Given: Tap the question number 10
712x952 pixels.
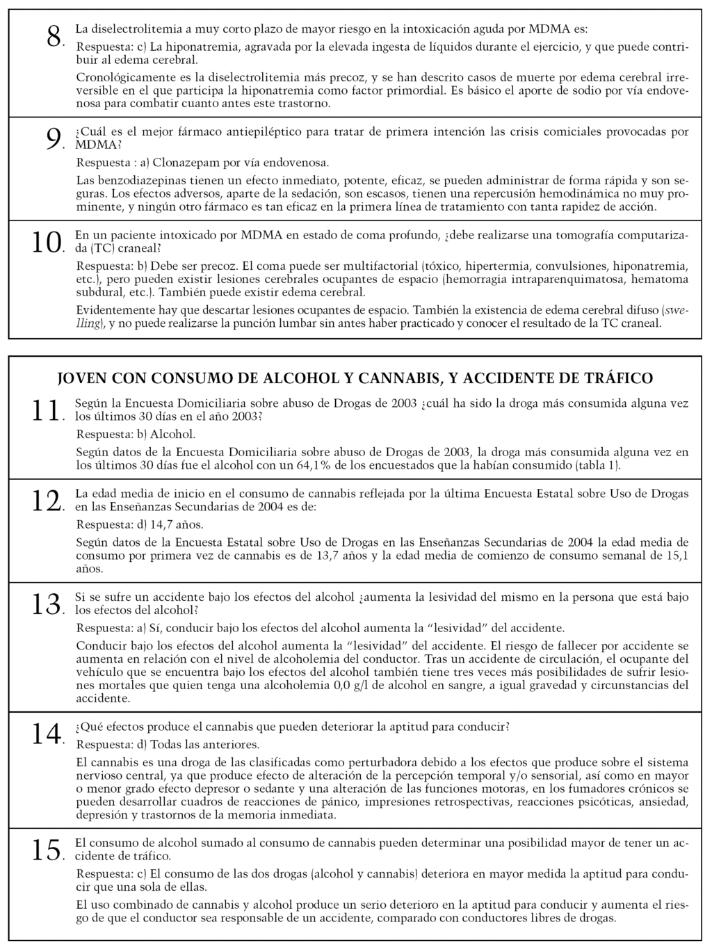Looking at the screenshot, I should pyautogui.click(x=47, y=242).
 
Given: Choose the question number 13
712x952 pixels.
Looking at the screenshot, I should pyautogui.click(x=47, y=604).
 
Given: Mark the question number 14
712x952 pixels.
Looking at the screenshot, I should pyautogui.click(x=47, y=734).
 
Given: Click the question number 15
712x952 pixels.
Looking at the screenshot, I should pyautogui.click(x=47, y=849).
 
